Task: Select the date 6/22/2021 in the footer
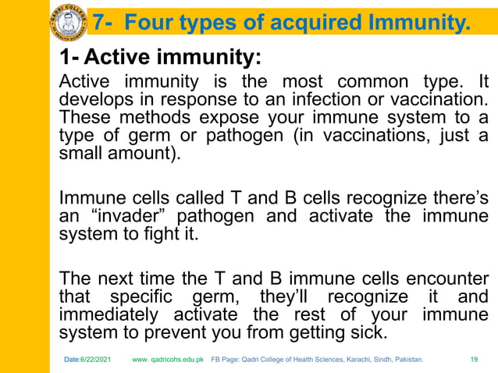coord(99,359)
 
